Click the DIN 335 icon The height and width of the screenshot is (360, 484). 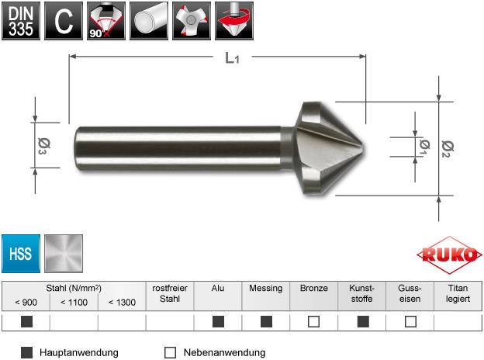click(20, 20)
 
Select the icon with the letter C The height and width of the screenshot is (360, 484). click(64, 20)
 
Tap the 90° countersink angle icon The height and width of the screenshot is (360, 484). click(105, 20)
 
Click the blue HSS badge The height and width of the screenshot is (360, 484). click(20, 253)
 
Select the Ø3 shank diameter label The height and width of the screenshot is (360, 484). click(42, 146)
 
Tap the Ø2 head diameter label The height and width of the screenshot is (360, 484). click(446, 147)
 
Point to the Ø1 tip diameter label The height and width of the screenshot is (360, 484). click(423, 146)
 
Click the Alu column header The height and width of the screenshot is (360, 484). click(218, 288)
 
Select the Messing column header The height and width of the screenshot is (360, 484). click(265, 288)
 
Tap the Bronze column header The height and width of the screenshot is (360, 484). click(313, 288)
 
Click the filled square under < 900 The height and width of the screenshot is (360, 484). click(26, 322)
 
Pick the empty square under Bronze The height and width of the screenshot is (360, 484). click(313, 322)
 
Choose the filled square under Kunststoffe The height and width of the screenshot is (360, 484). click(362, 322)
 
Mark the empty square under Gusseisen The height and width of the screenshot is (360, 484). click(410, 322)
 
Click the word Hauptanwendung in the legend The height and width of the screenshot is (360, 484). click(78, 352)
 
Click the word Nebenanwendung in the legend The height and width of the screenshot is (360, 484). click(224, 352)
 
